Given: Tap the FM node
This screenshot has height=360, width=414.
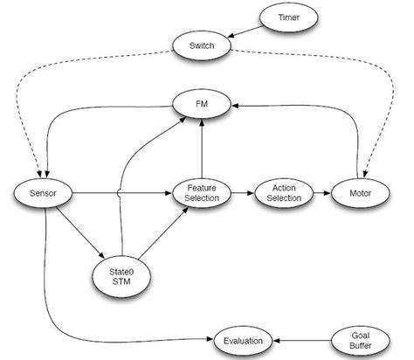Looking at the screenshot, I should click(202, 104).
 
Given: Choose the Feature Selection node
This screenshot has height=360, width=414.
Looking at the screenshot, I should click(202, 192).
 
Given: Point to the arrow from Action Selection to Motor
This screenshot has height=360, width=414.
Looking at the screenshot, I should click(319, 193).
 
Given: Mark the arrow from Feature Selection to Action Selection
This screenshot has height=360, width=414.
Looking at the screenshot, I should click(242, 193).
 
